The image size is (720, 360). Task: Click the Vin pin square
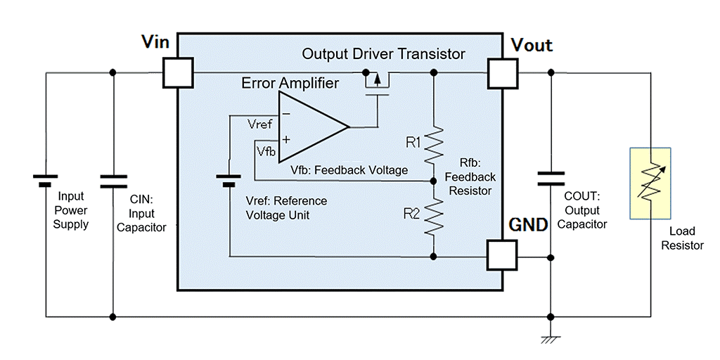(177, 72)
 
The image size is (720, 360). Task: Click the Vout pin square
(503, 72)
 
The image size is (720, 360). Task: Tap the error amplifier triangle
(309, 127)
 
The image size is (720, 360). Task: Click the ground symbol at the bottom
(551, 340)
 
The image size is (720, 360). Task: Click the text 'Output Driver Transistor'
(383, 54)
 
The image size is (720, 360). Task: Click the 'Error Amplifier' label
(290, 83)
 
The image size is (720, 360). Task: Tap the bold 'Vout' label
(532, 46)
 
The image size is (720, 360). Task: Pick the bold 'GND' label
(528, 226)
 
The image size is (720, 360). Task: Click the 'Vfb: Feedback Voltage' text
(349, 170)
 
